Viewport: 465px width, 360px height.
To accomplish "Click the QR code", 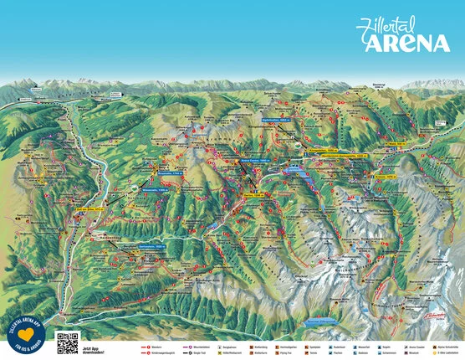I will pyautogui.click(x=67, y=342).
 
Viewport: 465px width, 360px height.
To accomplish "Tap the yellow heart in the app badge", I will pyautogui.click(x=27, y=333).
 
